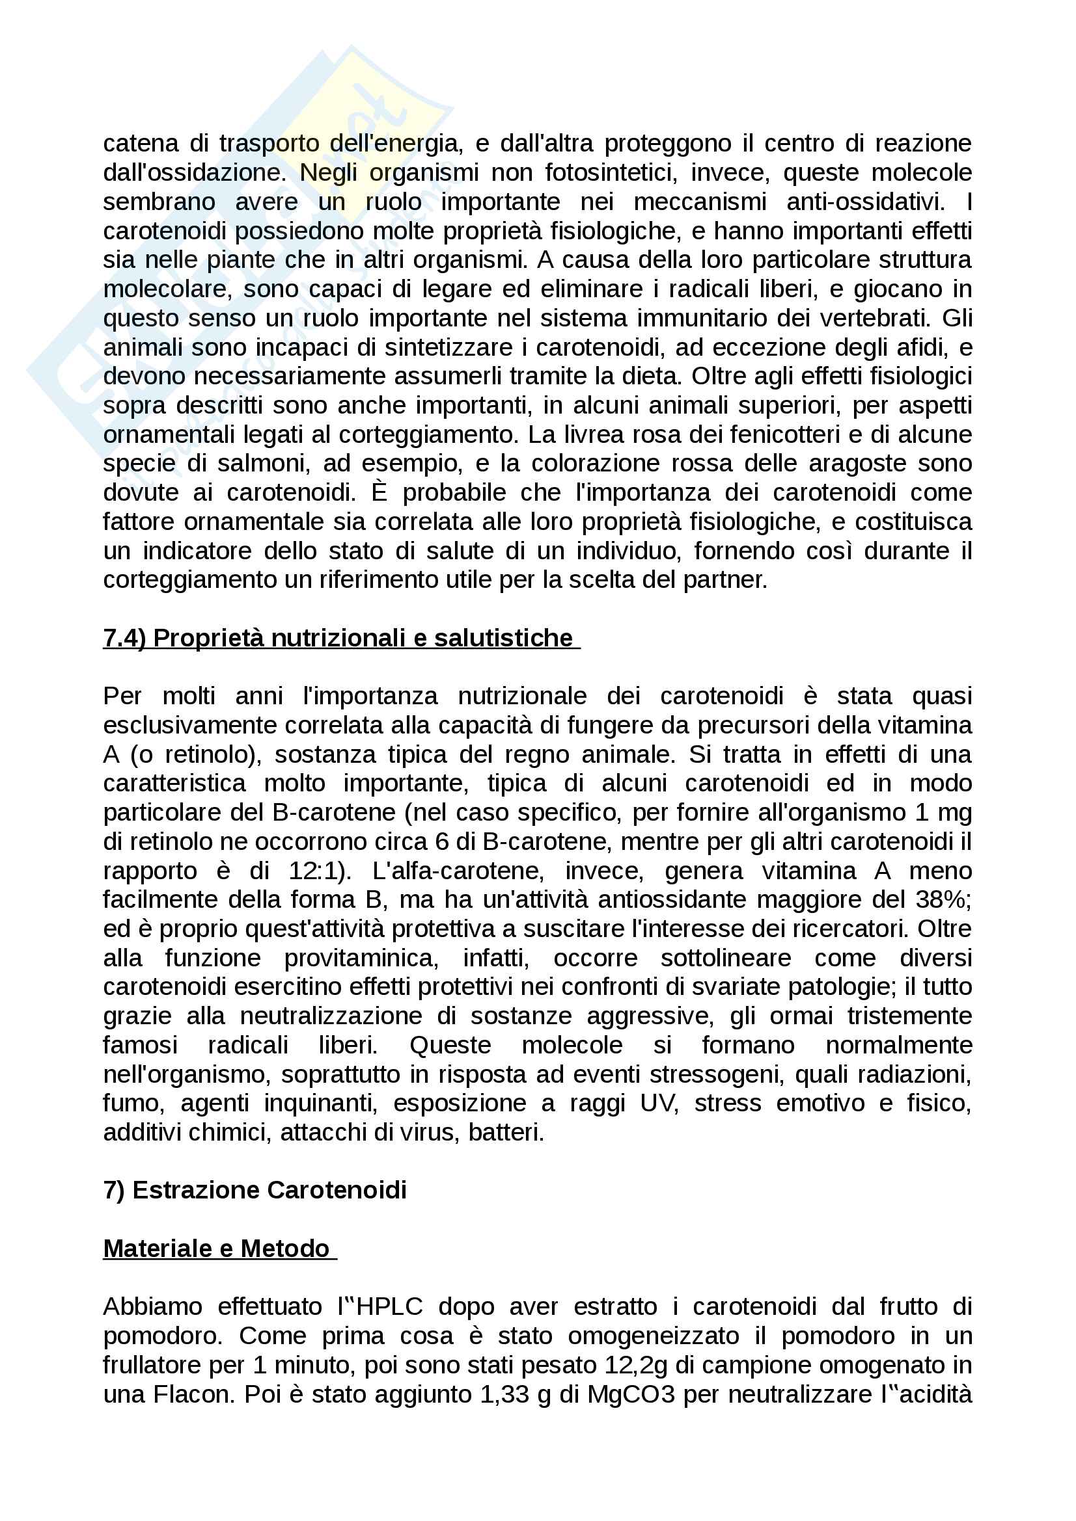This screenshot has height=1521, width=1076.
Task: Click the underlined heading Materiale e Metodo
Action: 217,1249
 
